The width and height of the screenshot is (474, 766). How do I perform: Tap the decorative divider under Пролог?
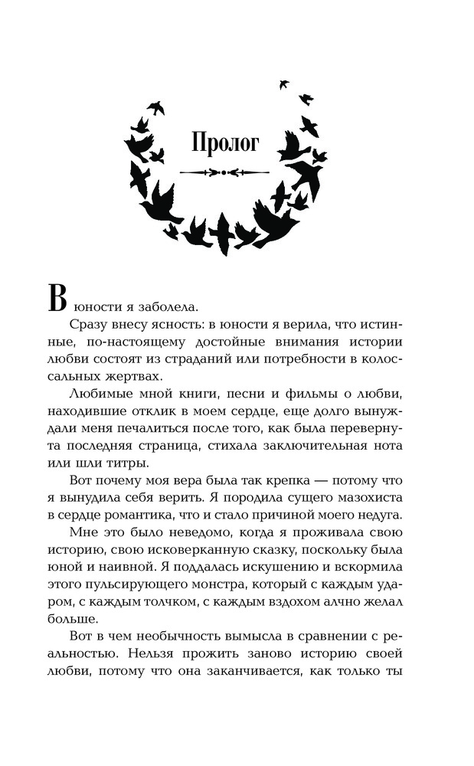[224, 174]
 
